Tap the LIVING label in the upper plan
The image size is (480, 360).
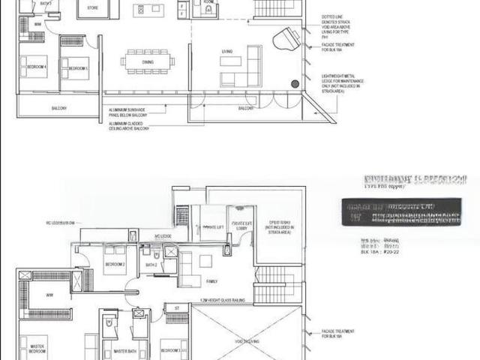pyautogui.click(x=226, y=52)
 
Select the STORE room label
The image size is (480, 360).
pyautogui.click(x=92, y=7)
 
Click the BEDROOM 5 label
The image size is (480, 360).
pyautogui.click(x=79, y=68)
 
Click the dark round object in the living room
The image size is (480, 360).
pyautogui.click(x=295, y=84)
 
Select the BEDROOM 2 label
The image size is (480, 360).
pyautogui.click(x=114, y=265)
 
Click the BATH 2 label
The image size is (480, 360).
pyautogui.click(x=151, y=265)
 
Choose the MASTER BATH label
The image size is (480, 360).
pyautogui.click(x=123, y=350)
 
